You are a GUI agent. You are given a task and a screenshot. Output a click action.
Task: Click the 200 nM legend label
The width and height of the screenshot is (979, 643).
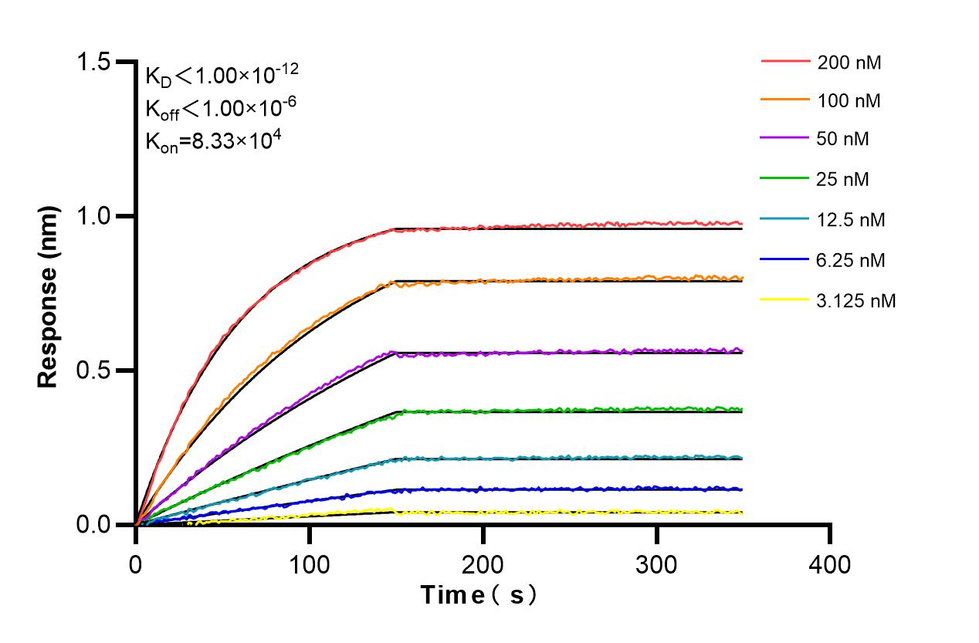pos(849,63)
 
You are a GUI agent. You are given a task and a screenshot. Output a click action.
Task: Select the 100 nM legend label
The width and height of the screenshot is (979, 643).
pos(849,100)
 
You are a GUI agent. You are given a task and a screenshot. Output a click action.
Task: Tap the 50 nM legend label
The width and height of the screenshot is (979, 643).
pos(843,140)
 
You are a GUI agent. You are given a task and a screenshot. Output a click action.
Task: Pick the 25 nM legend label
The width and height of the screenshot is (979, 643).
pos(843,180)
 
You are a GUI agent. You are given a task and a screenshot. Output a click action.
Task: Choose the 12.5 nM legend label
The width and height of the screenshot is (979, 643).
pos(851,220)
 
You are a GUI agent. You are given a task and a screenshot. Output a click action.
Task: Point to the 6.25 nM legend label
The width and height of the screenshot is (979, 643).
pos(851,260)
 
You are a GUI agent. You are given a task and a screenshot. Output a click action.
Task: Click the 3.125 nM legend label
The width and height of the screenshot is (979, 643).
pos(856,301)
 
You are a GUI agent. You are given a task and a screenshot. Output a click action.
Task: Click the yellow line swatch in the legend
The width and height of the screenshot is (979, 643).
pos(785,300)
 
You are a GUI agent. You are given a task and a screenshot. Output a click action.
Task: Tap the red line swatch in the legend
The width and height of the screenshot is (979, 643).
pos(785,61)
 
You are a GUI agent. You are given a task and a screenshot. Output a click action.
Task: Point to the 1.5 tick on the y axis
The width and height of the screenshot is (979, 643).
pos(97,62)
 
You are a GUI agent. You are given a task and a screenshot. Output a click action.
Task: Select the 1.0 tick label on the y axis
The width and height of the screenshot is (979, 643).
pos(97,216)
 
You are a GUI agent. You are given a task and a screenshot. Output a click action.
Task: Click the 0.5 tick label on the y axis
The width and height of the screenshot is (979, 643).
pos(97,371)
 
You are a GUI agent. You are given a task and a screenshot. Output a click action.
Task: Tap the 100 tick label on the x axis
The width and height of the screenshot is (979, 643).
pos(310,564)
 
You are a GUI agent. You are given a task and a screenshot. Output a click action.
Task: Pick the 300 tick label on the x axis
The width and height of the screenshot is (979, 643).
pos(657,564)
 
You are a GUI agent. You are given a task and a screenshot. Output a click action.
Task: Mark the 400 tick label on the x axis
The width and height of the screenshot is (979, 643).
pos(830,564)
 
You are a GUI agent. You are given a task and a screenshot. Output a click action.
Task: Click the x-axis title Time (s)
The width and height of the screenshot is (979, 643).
pos(478,595)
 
